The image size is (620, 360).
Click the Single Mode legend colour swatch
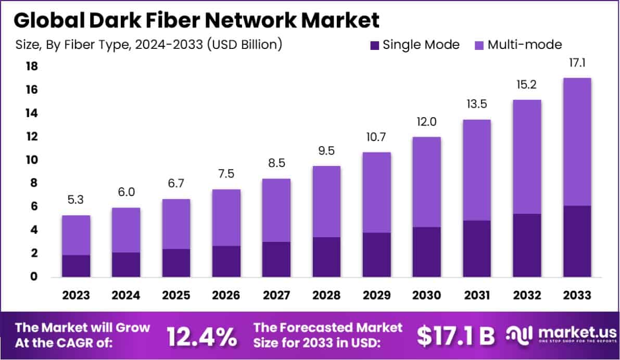373,45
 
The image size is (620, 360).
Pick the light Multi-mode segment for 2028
327,201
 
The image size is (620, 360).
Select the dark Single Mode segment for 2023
76,266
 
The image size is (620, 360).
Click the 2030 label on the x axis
427,295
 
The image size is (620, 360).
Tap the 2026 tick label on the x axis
226,295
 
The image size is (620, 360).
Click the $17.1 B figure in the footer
455,337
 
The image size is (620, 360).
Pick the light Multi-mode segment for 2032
527,157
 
